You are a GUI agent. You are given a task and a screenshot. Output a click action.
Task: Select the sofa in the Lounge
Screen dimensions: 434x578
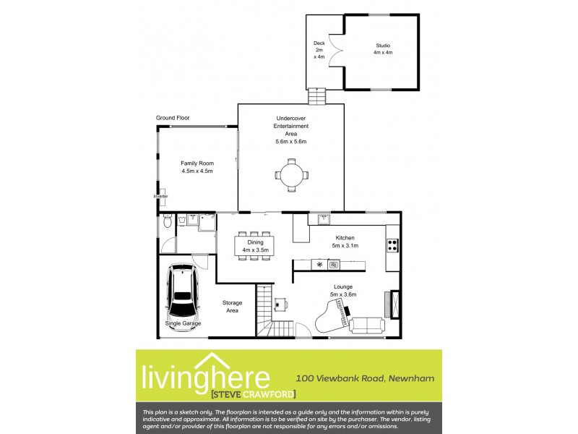tap(367, 325)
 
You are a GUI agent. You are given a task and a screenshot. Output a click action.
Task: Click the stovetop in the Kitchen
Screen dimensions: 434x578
tap(392, 245)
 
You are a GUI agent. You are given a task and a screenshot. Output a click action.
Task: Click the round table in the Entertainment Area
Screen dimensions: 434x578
tap(291, 174)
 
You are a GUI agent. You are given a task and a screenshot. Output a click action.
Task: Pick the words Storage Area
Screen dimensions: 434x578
tap(232, 307)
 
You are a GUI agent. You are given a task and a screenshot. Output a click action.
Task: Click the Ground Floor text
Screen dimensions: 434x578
tap(173, 118)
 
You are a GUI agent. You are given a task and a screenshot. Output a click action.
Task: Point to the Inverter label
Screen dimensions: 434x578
tap(160, 196)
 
